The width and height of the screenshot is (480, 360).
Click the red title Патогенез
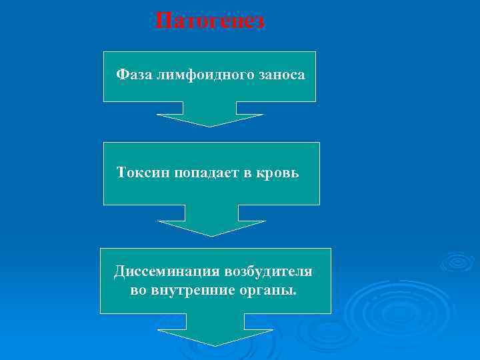(x=209, y=21)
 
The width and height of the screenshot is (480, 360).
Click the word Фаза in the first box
(x=134, y=75)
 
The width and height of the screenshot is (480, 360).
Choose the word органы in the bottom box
(x=265, y=290)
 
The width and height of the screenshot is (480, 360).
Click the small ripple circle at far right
(x=457, y=261)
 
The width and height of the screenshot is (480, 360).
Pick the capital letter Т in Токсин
(x=121, y=173)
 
